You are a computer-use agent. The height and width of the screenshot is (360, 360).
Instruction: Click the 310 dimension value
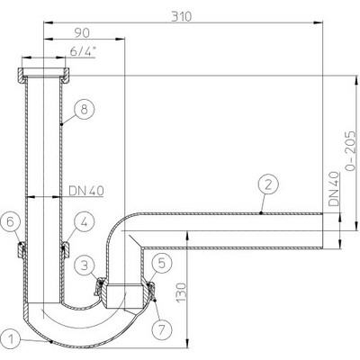(181, 16)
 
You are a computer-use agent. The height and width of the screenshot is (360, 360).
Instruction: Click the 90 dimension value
(82, 33)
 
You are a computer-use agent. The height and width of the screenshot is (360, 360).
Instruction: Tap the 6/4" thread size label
(83, 51)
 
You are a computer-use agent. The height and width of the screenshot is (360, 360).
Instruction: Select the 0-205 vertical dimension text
(350, 150)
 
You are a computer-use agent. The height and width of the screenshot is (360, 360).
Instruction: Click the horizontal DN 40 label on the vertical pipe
(86, 191)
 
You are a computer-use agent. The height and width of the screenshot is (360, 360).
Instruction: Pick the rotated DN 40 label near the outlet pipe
(334, 189)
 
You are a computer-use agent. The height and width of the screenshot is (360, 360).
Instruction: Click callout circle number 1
(11, 340)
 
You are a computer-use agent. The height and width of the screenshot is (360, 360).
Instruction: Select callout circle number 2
(268, 184)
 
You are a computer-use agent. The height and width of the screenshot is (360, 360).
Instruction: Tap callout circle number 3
(85, 265)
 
